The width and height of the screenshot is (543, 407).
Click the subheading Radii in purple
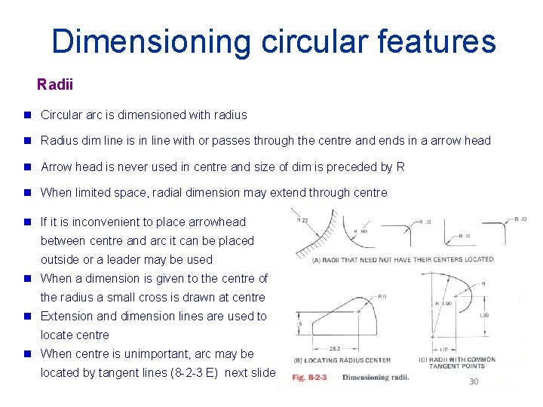pos(55,84)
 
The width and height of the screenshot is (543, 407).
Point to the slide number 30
pos(474,381)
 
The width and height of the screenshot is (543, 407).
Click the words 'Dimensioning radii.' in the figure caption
pos(376,377)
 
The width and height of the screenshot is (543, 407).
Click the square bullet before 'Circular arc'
pos(27,115)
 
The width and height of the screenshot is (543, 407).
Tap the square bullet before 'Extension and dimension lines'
pos(27,317)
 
